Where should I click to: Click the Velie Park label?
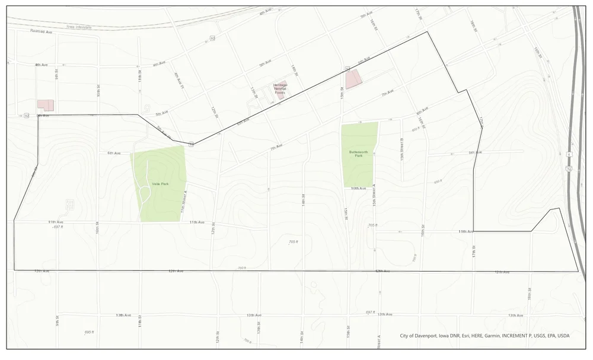point(161,184)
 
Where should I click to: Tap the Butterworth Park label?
point(358,154)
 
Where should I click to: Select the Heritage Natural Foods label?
point(279,88)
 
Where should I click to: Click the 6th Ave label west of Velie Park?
point(114,153)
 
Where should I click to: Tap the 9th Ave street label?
point(475,152)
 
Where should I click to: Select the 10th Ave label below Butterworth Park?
point(358,189)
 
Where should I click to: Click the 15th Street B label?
point(403,149)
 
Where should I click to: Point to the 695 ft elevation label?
point(89,332)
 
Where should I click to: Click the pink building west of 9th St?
point(46,105)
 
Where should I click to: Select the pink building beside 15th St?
point(353,79)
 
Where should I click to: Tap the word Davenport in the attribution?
point(424,336)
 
